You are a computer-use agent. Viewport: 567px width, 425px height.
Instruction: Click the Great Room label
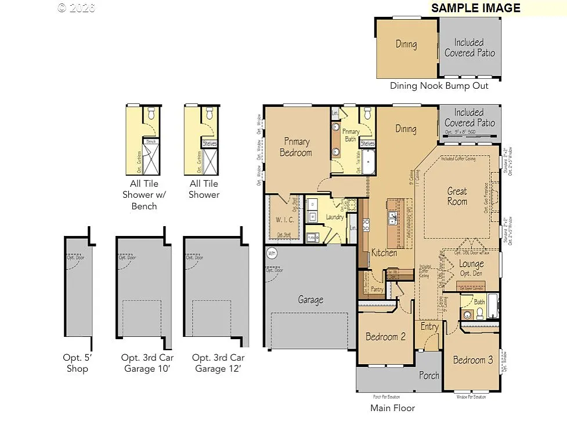[x=457, y=196]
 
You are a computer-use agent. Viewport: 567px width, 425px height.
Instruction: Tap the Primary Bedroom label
[x=296, y=147]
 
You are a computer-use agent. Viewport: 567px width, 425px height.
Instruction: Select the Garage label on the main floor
[x=310, y=300]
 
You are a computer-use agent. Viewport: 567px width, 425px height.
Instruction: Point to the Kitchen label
[x=384, y=253]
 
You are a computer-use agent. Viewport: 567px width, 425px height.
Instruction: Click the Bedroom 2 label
[x=385, y=337]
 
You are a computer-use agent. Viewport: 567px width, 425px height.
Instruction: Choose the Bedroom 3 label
[x=473, y=360]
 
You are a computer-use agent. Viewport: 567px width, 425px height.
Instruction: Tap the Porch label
[x=429, y=375]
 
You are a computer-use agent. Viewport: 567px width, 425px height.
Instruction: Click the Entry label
[x=429, y=327]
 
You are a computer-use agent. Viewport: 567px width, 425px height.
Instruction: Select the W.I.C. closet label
[x=284, y=220]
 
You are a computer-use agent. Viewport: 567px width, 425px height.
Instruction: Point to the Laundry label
[x=335, y=217]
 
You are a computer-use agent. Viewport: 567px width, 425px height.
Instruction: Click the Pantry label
[x=377, y=289]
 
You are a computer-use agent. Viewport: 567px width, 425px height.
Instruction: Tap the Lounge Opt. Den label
[x=471, y=268]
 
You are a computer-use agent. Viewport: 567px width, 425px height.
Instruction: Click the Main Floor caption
[x=393, y=408]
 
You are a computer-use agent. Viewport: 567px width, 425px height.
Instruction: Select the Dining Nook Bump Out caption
[x=439, y=86]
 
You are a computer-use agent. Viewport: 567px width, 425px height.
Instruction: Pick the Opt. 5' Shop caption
[x=77, y=363]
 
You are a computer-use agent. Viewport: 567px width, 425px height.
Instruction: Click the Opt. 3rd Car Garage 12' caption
[x=218, y=363]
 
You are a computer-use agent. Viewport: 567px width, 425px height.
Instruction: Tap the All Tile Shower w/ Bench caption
[x=144, y=194]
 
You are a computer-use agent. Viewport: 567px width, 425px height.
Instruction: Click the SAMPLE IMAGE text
[x=475, y=8]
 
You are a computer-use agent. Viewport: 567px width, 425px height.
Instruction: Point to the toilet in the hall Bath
[x=479, y=313]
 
